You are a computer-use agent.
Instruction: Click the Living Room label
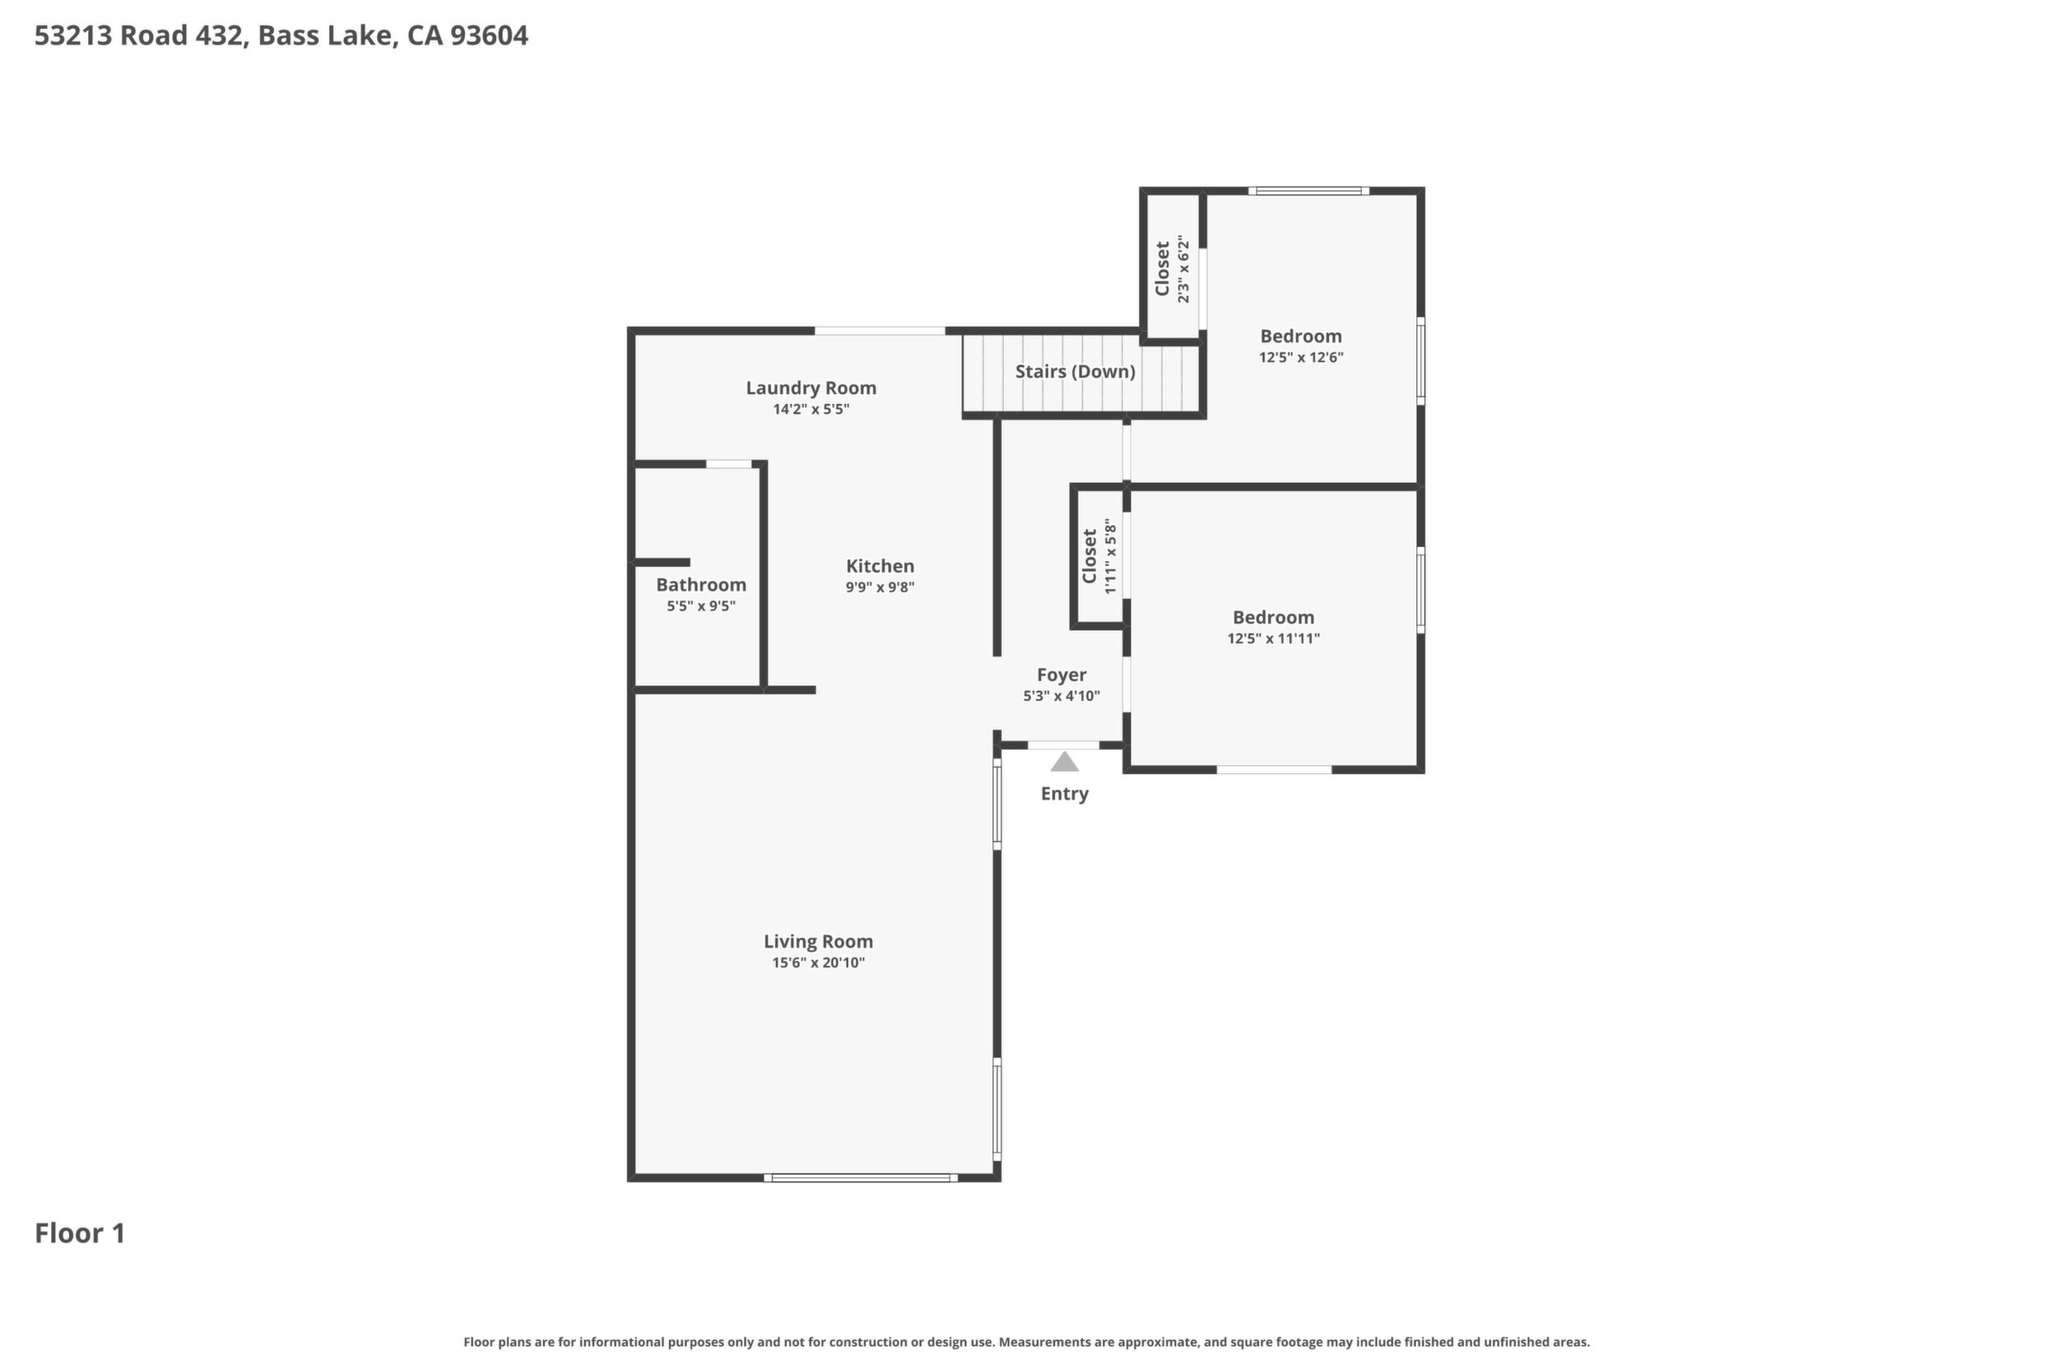coord(818,941)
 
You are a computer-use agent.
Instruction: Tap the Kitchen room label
coord(880,566)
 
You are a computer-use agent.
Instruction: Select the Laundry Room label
coord(811,387)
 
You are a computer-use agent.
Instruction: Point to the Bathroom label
coord(701,585)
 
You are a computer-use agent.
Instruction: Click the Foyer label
coord(1061,675)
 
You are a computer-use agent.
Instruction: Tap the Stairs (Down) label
coord(1075,371)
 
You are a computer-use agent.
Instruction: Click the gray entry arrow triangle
coord(1064,761)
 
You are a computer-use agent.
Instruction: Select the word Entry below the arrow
coord(1064,794)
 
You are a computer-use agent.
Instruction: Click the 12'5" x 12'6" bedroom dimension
coord(1300,357)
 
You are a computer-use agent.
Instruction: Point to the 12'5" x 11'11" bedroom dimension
coord(1273,638)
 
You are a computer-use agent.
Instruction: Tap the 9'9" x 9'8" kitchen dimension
coord(880,587)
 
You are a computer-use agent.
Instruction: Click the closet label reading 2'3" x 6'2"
coord(1183,269)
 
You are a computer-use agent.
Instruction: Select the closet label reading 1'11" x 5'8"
coord(1110,557)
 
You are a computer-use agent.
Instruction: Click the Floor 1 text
coord(81,1232)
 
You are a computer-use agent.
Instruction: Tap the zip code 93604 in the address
coord(489,36)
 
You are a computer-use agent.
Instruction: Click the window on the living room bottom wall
coord(860,1178)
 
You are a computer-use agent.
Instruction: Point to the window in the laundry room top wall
coord(880,331)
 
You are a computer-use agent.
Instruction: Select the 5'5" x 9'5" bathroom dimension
coord(701,606)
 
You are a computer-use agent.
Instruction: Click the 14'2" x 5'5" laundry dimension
coord(811,410)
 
